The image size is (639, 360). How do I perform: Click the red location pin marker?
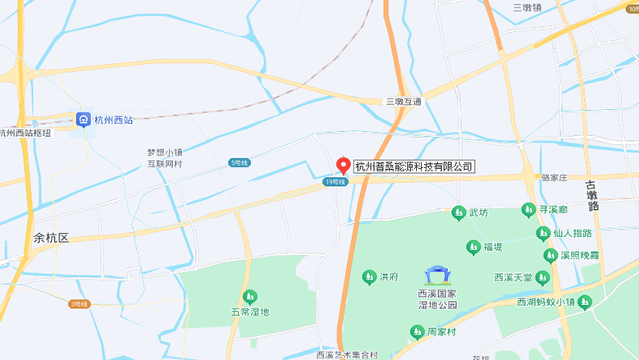345,164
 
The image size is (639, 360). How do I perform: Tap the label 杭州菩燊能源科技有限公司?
414,166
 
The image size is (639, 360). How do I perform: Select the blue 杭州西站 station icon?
84,120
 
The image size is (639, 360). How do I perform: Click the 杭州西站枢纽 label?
25,133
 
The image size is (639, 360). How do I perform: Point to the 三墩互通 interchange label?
403,102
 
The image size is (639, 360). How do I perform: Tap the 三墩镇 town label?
527,7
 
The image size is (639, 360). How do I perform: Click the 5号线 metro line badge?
239,163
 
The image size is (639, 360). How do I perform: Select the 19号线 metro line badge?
335,182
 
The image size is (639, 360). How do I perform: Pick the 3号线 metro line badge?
79,304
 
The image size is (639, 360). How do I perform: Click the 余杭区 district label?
51,238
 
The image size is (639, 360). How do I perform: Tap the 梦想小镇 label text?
164,153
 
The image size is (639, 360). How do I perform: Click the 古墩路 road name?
593,196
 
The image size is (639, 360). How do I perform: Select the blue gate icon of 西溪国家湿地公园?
436,276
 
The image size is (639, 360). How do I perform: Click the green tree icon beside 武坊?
459,213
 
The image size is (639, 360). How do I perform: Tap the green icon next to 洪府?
368,277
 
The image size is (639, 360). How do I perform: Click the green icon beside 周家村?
417,331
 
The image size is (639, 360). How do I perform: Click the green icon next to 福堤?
472,247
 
